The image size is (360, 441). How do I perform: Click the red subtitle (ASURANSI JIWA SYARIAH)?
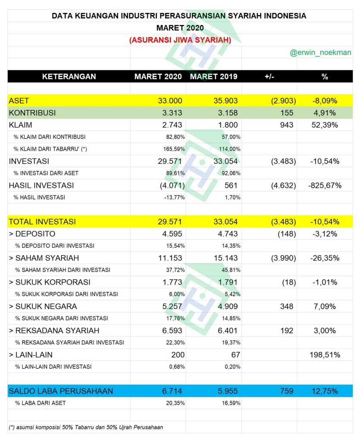click(180, 40)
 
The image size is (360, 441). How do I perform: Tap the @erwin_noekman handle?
click(320, 53)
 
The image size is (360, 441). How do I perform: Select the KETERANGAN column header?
click(69, 77)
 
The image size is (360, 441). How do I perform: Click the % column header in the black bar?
click(325, 77)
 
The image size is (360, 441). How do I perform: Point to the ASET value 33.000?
click(170, 101)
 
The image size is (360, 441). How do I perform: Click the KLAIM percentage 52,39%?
click(325, 125)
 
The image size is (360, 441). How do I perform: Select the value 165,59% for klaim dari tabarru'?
click(175, 149)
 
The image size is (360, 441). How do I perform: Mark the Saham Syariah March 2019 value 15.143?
click(225, 258)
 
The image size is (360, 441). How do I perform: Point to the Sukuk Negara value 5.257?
click(172, 307)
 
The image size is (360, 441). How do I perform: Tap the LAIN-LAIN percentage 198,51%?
click(324, 355)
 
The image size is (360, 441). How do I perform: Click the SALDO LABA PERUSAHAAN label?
click(61, 391)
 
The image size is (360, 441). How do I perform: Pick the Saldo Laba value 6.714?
click(172, 391)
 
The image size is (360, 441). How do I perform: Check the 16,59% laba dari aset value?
click(230, 403)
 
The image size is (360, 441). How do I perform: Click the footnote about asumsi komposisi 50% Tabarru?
click(86, 427)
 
